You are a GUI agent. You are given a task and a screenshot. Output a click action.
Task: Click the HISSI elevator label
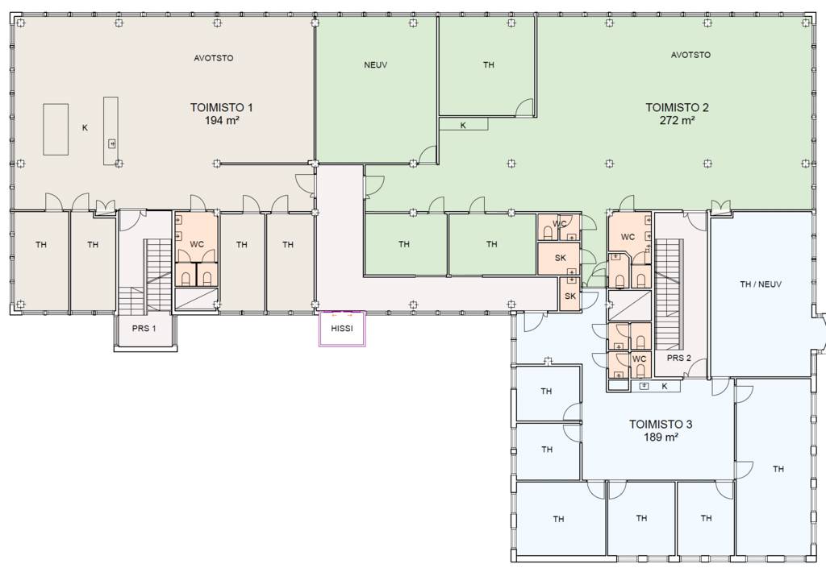pyautogui.click(x=342, y=329)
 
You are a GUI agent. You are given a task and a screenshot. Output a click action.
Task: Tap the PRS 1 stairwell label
pyautogui.click(x=144, y=329)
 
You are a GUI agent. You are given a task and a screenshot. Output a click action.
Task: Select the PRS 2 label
pyautogui.click(x=679, y=359)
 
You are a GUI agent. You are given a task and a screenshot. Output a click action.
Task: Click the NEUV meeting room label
pyautogui.click(x=376, y=65)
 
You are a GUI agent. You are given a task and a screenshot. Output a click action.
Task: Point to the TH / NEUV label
pyautogui.click(x=761, y=284)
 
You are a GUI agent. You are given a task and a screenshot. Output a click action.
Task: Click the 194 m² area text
pyautogui.click(x=222, y=120)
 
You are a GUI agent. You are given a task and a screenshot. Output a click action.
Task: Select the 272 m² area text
pyautogui.click(x=677, y=120)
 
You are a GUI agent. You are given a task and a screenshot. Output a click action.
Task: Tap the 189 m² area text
pyautogui.click(x=661, y=437)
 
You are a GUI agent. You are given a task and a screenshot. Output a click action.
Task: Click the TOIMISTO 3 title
pyautogui.click(x=661, y=425)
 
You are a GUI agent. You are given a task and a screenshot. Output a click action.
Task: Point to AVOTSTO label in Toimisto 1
pyautogui.click(x=213, y=58)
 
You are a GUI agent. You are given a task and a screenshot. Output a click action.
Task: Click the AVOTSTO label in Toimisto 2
pyautogui.click(x=690, y=55)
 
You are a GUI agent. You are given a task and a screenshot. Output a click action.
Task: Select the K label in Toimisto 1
pyautogui.click(x=85, y=128)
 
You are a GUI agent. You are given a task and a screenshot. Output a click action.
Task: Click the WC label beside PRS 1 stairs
pyautogui.click(x=197, y=245)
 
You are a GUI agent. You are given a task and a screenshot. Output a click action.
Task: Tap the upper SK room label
pyautogui.click(x=561, y=259)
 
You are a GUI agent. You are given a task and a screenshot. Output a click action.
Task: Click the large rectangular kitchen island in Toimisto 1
pyautogui.click(x=56, y=130)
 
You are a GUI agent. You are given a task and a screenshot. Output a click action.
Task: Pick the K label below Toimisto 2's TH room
pyautogui.click(x=463, y=126)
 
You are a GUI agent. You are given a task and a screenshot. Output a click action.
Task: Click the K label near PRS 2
pyautogui.click(x=665, y=387)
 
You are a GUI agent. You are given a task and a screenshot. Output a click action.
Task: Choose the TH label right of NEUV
pyautogui.click(x=488, y=65)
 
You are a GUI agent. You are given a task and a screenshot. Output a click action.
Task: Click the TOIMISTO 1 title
pyautogui.click(x=222, y=108)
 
